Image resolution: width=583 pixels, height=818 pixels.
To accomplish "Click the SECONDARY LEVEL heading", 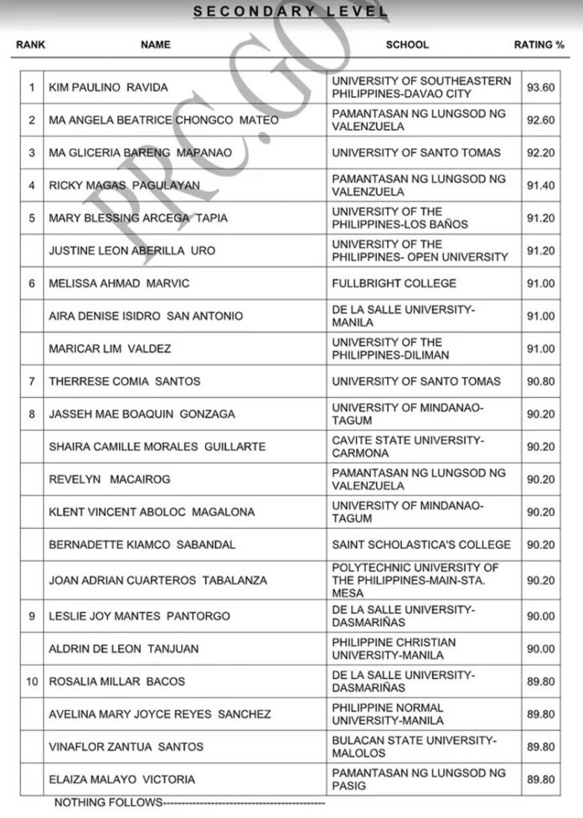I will click(291, 12).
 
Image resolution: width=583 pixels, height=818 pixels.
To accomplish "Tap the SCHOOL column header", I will click(406, 44).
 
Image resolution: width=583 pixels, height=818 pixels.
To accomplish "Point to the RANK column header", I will click(30, 44).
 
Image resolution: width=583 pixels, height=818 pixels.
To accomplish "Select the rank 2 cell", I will click(32, 120).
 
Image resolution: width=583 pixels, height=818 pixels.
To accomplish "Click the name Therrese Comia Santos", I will click(125, 381).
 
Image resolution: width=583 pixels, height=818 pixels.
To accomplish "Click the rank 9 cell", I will click(32, 616).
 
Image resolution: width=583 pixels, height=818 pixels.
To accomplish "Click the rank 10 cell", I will click(32, 681).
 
